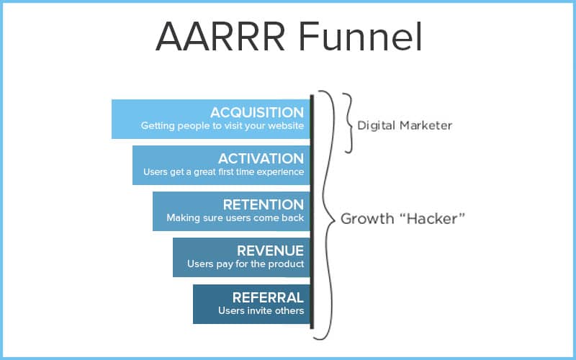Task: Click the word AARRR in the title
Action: coord(220,37)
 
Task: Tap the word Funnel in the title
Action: coord(360,37)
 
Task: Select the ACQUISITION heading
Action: coord(257,112)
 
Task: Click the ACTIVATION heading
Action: coord(261,158)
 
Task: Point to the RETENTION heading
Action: coord(264,204)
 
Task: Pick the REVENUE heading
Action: coord(271,251)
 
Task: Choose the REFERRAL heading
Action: coord(268,297)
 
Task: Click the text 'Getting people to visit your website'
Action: coord(222,126)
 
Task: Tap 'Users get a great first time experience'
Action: coord(224,172)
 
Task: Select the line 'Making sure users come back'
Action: coord(235,218)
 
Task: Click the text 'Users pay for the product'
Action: coord(246,264)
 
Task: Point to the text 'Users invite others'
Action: coord(261,311)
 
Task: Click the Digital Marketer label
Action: coord(405,125)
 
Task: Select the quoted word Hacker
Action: coord(432,219)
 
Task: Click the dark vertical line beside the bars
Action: coord(312,212)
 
